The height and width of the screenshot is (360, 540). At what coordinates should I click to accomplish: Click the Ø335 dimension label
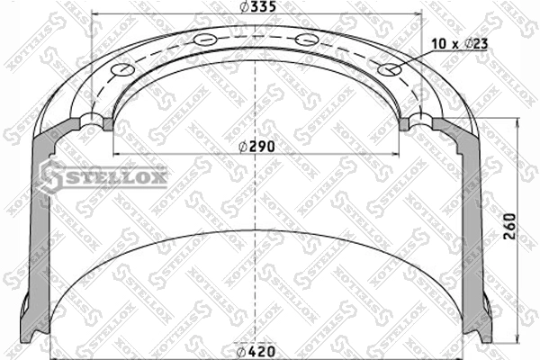pyautogui.click(x=258, y=6)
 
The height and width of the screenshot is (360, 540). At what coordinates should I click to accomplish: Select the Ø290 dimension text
pyautogui.click(x=256, y=147)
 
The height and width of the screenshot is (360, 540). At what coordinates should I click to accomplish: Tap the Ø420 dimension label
pyautogui.click(x=256, y=351)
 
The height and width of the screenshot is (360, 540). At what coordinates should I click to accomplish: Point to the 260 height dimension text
pyautogui.click(x=510, y=226)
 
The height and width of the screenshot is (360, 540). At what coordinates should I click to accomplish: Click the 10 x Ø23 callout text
pyautogui.click(x=459, y=44)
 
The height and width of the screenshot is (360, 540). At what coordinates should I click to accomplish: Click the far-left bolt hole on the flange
pyautogui.click(x=122, y=69)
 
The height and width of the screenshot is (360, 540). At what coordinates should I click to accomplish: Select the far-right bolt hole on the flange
pyautogui.click(x=390, y=69)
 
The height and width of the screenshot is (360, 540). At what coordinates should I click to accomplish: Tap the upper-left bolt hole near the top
pyautogui.click(x=205, y=40)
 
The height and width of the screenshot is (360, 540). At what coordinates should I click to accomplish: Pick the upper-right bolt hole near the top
pyautogui.click(x=307, y=40)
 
